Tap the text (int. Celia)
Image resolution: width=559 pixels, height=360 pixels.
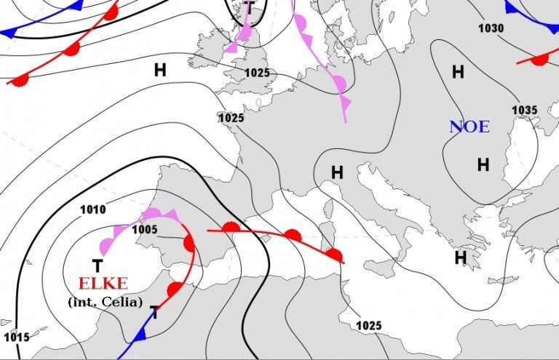click(x=104, y=301)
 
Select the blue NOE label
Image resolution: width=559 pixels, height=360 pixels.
click(x=469, y=127)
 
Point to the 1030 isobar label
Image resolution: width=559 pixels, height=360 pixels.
click(x=491, y=28)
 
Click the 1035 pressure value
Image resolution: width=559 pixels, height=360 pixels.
click(x=524, y=111)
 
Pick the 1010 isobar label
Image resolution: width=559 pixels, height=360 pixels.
click(x=93, y=210)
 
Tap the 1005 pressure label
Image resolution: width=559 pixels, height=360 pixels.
click(x=145, y=229)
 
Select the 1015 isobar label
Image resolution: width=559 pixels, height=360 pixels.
click(x=16, y=337)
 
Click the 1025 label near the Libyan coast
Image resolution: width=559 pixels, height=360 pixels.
click(x=369, y=325)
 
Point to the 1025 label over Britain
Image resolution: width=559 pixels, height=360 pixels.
click(x=257, y=73)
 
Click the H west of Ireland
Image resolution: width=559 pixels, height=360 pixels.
click(x=160, y=70)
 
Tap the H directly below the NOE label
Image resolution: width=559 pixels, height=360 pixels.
click(x=483, y=165)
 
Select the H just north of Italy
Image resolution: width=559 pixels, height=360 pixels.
click(x=337, y=173)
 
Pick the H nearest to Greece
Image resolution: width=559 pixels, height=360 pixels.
click(x=460, y=257)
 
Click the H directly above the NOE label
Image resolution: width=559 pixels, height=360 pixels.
click(x=458, y=72)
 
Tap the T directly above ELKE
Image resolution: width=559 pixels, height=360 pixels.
click(x=97, y=266)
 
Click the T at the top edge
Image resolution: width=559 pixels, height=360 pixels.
click(x=249, y=8)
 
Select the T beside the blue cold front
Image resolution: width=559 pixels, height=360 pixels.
click(x=154, y=313)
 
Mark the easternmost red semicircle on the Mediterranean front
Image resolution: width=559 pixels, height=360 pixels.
click(x=334, y=255)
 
